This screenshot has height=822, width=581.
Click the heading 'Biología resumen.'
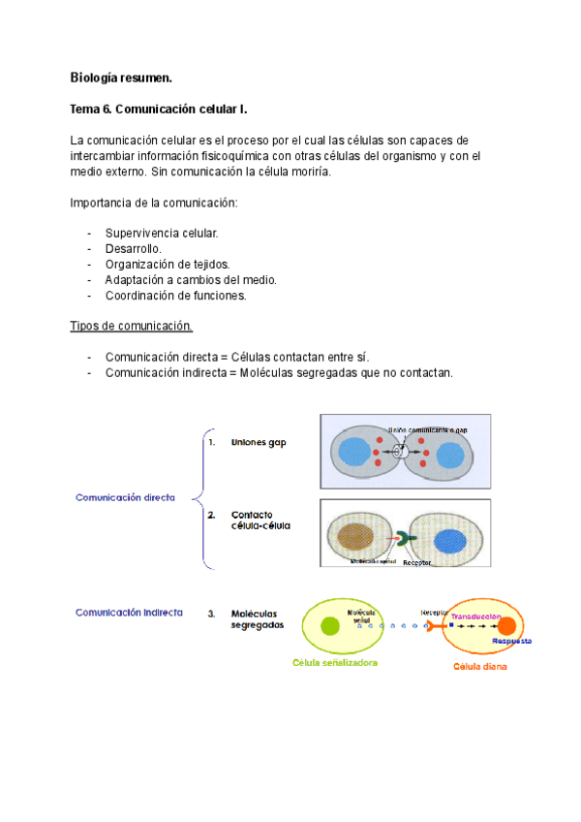(x=121, y=77)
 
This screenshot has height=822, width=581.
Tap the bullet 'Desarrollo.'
(x=134, y=249)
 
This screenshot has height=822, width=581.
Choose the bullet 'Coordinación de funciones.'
(x=175, y=296)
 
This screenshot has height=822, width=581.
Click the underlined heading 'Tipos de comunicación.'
(x=132, y=326)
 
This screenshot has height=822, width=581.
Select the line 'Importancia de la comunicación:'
(x=153, y=203)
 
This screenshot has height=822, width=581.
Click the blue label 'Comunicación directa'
(x=126, y=497)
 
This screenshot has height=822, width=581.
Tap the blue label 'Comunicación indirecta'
(x=130, y=613)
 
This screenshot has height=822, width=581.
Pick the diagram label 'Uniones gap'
(x=259, y=442)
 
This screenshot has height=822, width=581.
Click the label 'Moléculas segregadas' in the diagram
(x=258, y=619)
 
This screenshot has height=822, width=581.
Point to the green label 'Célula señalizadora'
(x=335, y=663)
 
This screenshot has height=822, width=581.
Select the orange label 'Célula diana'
(x=480, y=667)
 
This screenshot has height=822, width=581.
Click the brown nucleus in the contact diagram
(x=357, y=538)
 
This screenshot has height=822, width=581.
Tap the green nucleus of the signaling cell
(x=330, y=625)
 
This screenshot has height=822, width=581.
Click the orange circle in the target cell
(x=506, y=626)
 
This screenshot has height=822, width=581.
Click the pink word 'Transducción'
(x=474, y=616)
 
